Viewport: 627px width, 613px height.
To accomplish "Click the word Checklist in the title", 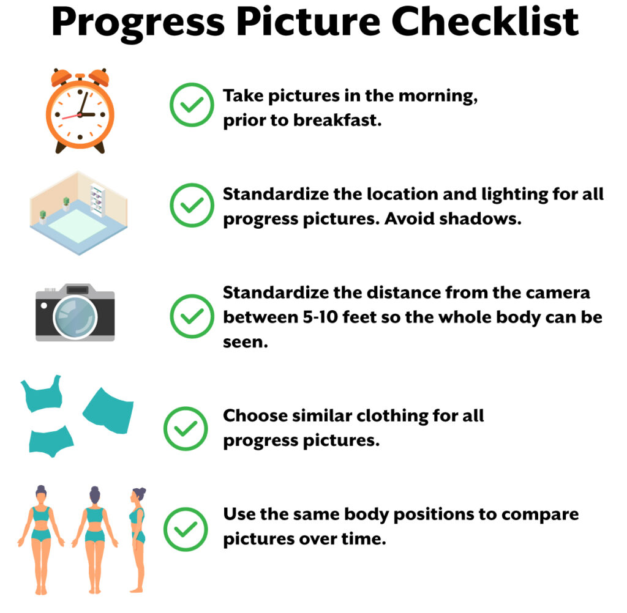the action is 485,21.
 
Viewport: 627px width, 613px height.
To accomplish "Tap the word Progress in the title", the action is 138,24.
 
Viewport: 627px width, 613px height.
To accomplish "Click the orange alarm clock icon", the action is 80,111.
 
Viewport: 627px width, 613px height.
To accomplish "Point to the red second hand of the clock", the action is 71,117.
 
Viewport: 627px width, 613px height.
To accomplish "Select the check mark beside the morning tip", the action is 192,105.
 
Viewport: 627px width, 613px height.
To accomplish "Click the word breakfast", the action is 337,121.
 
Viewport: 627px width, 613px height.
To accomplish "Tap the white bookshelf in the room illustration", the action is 97,200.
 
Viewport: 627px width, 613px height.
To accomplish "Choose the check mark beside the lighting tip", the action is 192,205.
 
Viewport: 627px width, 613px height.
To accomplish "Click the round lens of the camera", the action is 75,318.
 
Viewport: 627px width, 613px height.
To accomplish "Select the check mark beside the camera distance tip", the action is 192,316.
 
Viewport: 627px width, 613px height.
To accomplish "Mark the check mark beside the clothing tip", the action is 186,428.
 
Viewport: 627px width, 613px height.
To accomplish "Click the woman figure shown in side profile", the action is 138,540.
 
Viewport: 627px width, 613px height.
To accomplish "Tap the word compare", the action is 540,515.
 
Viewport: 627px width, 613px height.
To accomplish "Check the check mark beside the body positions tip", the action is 186,529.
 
